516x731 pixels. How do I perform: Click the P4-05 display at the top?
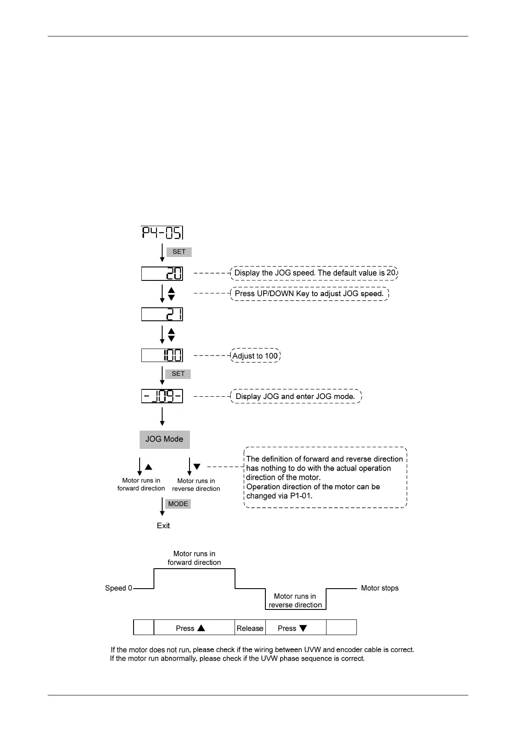(x=162, y=233)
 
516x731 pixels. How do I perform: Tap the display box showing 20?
(x=162, y=273)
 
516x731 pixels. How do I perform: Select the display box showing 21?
(x=162, y=314)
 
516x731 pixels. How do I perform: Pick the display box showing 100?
(x=162, y=356)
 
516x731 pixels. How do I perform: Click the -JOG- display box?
(x=162, y=396)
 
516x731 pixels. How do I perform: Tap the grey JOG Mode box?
(x=164, y=439)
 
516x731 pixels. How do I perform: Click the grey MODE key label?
(x=178, y=504)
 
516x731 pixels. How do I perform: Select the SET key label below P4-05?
(x=179, y=252)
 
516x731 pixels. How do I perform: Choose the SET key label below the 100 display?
(x=178, y=374)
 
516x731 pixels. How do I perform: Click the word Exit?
(x=163, y=526)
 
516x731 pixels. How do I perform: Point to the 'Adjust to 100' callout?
(x=255, y=356)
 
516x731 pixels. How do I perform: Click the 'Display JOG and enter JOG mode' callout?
(x=295, y=396)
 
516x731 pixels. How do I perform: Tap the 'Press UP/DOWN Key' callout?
(x=309, y=294)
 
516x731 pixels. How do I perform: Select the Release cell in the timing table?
(x=250, y=628)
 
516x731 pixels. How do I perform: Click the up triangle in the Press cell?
(x=201, y=628)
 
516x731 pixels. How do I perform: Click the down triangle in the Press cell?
(x=303, y=628)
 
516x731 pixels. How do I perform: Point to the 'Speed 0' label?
(x=118, y=588)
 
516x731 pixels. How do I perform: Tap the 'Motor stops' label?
(x=379, y=588)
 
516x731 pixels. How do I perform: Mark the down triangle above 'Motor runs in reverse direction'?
(x=197, y=467)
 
